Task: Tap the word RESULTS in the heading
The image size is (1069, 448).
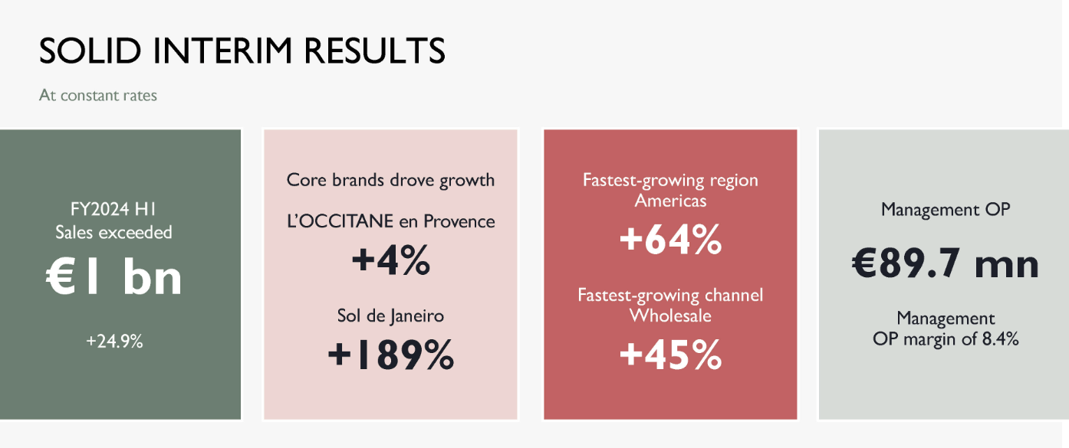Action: click(x=375, y=51)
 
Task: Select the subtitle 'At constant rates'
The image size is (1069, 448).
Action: click(x=98, y=95)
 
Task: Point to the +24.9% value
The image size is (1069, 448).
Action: click(x=114, y=342)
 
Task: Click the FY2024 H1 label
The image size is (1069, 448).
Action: click(x=113, y=209)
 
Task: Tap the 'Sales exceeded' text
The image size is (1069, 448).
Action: click(x=113, y=232)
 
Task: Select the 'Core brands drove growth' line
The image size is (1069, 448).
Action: click(x=390, y=180)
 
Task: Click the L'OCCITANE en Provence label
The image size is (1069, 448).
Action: click(x=391, y=221)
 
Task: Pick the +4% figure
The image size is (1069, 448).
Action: click(x=391, y=260)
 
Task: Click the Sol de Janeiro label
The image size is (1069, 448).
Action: click(x=390, y=316)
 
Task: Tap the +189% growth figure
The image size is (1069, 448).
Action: click(x=391, y=355)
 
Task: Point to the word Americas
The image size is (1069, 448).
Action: click(x=670, y=201)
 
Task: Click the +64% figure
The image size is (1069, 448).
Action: click(x=670, y=240)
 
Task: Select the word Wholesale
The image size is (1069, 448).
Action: click(x=670, y=316)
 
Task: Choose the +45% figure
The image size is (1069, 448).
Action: click(x=670, y=355)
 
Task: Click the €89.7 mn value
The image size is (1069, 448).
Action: click(x=946, y=264)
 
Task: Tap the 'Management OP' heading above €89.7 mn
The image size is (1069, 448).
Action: click(x=946, y=210)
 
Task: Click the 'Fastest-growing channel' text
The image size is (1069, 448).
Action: click(x=670, y=296)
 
